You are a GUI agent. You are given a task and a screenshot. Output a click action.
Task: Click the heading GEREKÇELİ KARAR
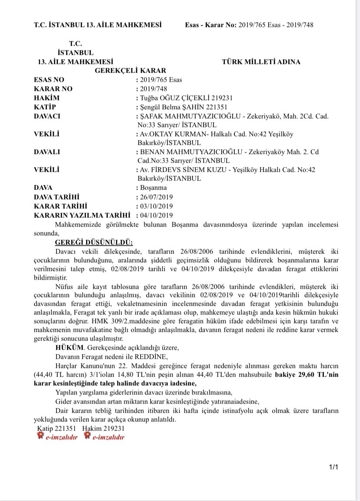pos(130,70)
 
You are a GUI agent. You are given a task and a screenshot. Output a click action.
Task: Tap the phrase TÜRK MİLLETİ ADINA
pos(261,62)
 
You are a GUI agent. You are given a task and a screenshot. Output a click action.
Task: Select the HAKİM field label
pos(46,98)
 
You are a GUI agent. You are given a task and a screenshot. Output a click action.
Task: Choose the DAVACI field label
pos(47,117)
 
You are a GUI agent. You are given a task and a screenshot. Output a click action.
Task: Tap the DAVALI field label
pos(47,152)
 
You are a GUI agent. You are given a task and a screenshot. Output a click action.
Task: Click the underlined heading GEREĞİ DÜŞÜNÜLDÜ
pos(94,242)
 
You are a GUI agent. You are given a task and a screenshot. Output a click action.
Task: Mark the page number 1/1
pos(334,467)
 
